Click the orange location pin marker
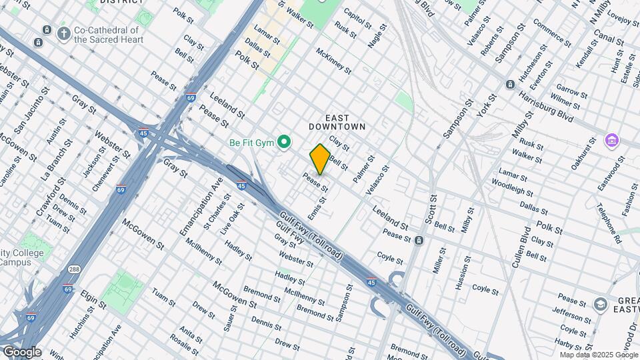tap(320, 159)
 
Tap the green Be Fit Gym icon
tap(284, 142)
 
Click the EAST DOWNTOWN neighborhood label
tap(337, 122)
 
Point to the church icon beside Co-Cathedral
tap(64, 33)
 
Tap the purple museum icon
tap(611, 141)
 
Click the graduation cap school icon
tap(601, 305)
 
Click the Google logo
tap(21, 352)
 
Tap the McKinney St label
tap(333, 60)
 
